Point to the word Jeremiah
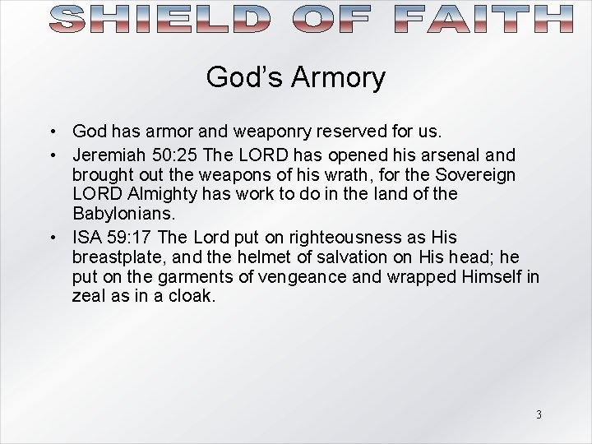pos(105,155)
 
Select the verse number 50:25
pos(168,155)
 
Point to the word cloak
pos(192,296)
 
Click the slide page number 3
pos(539,414)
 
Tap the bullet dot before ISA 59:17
pos(52,238)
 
